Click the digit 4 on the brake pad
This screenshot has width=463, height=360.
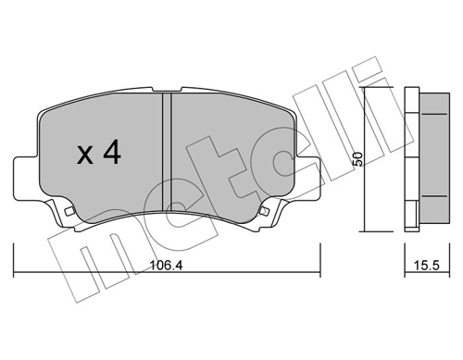(x=112, y=153)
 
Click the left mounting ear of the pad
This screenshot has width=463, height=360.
(x=25, y=176)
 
